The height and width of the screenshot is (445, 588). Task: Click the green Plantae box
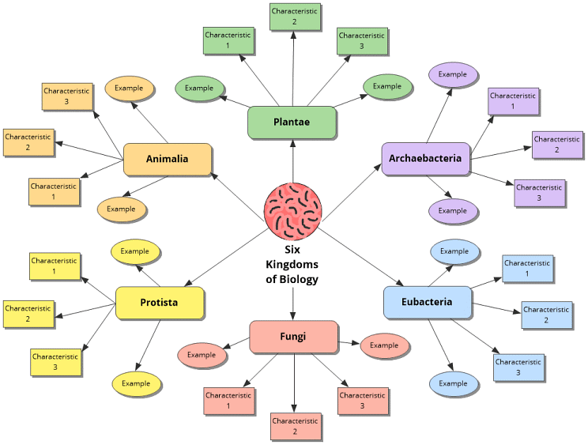292,123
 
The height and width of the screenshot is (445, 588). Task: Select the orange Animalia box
168,159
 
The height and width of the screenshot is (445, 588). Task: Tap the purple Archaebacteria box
425,159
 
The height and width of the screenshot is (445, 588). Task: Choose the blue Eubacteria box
427,302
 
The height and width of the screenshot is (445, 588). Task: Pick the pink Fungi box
293,337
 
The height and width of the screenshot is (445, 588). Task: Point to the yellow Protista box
160,303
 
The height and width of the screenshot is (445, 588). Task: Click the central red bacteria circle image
292,210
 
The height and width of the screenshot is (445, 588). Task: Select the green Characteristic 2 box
294,17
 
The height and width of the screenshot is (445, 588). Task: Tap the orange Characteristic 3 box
67,96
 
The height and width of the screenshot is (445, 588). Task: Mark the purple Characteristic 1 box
513,101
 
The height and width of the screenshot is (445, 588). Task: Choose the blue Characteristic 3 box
518,367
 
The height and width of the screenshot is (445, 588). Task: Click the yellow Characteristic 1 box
55,266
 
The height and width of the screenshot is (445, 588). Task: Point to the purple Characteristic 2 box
556,145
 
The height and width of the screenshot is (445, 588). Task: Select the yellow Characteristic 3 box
55,362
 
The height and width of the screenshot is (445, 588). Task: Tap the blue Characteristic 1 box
527,268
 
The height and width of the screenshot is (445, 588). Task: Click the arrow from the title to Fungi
292,304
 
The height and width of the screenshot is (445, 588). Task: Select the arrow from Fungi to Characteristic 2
294,383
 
